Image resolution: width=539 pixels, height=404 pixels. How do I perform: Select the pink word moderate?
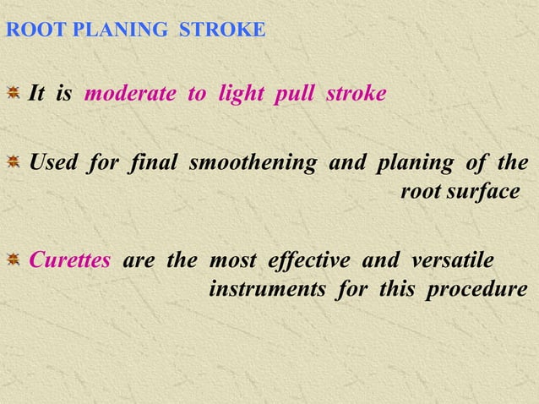(131, 94)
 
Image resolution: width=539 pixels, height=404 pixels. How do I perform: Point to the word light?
(241, 94)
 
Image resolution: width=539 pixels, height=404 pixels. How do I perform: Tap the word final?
(153, 162)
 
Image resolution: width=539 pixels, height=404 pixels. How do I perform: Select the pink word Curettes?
(69, 259)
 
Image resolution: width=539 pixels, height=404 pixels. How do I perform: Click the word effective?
(310, 259)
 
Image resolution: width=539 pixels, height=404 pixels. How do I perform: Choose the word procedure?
(477, 290)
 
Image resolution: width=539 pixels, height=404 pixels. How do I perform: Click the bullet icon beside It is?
(14, 93)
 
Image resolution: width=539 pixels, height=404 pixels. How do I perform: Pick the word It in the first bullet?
(37, 94)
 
